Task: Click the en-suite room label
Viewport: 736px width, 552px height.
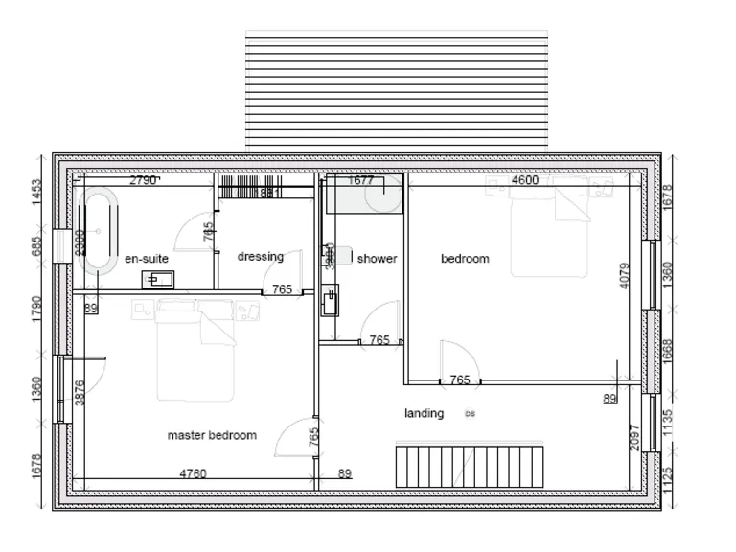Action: coord(147,259)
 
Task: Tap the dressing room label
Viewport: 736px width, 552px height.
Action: coord(261,256)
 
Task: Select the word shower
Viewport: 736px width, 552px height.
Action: coord(377,258)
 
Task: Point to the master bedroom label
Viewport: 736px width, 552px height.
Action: coord(212,435)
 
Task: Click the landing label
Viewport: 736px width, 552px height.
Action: coord(424,413)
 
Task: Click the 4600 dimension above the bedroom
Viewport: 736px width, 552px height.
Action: coord(524,179)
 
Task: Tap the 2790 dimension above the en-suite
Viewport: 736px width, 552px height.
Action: coord(143,179)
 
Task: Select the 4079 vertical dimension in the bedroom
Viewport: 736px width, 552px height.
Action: coord(625,275)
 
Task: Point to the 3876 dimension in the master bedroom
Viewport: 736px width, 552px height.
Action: coord(80,394)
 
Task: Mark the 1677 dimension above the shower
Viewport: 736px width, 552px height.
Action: coord(361,179)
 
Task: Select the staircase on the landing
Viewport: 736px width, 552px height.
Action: coord(470,465)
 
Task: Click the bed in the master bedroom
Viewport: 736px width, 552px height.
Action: coord(195,349)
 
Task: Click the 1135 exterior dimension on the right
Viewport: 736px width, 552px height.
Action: coord(668,423)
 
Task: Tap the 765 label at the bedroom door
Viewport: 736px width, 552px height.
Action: coord(460,379)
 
